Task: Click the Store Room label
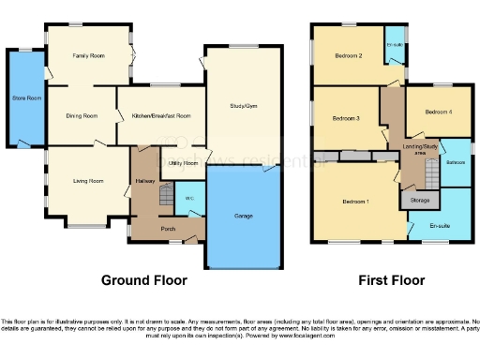(25, 97)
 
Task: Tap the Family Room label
(89, 57)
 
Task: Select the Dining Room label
(82, 116)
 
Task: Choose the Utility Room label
(184, 163)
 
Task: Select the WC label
(188, 199)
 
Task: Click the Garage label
(243, 217)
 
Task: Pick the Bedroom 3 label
(346, 119)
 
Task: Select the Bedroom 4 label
(438, 112)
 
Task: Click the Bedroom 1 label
(355, 202)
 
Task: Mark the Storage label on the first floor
(419, 200)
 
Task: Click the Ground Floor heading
(144, 280)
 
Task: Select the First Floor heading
(391, 280)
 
